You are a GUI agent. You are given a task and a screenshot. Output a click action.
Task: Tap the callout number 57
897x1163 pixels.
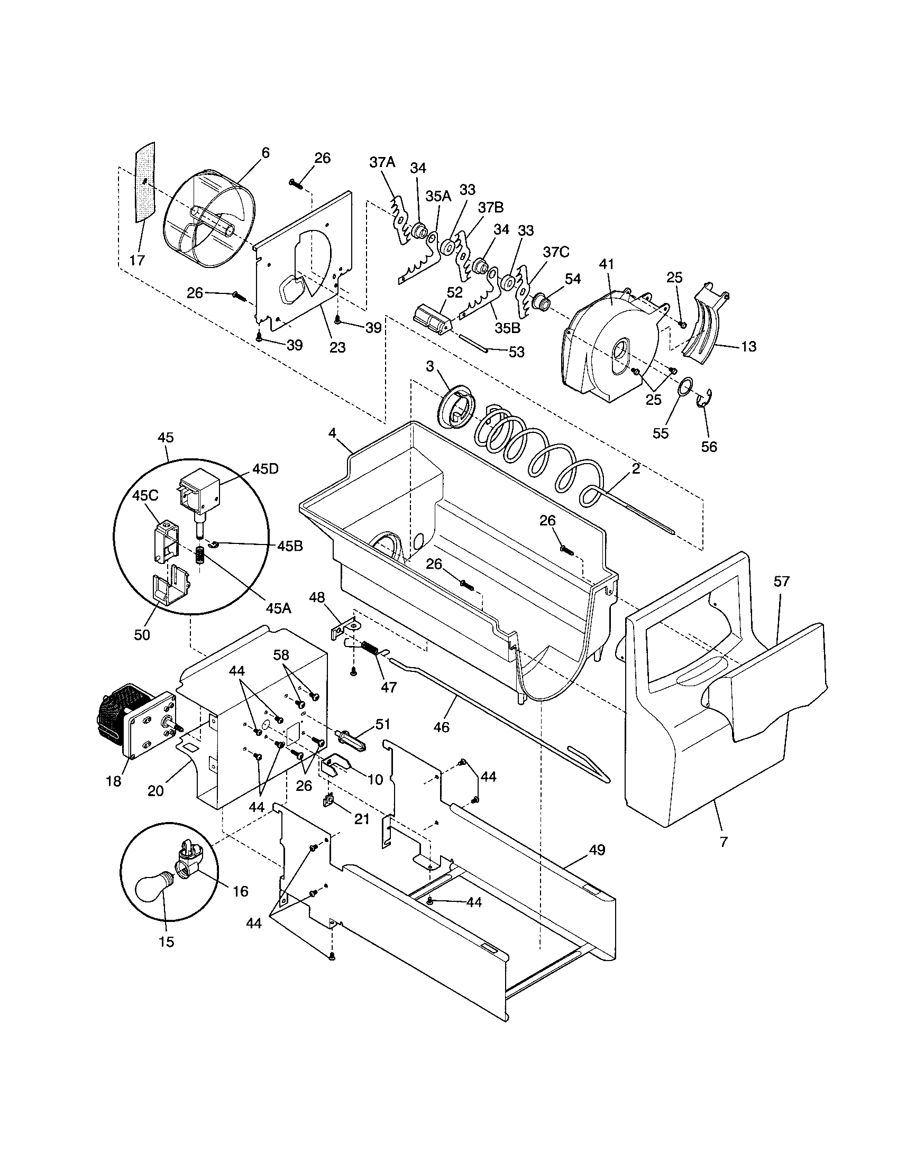(781, 581)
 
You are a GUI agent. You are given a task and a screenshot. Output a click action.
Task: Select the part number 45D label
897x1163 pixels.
(266, 469)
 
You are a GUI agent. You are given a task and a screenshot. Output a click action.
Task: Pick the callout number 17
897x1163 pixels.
(137, 260)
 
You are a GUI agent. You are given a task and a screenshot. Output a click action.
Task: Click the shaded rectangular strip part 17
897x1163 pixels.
(144, 181)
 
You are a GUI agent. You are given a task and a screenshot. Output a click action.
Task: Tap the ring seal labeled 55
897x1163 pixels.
(687, 386)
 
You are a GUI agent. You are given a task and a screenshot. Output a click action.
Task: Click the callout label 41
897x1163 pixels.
(607, 264)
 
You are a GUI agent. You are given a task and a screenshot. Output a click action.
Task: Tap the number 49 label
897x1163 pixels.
(597, 850)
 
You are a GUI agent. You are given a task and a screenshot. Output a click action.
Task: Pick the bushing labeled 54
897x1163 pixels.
(540, 301)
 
